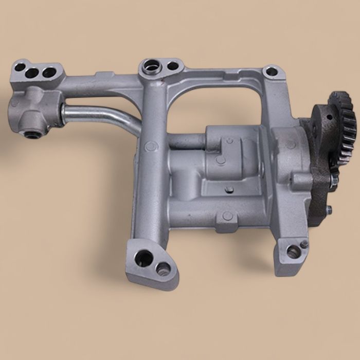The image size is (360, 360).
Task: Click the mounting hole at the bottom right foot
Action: (x=293, y=251)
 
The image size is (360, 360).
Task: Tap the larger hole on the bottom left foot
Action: (x=144, y=256)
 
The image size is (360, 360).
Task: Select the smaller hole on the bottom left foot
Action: (x=163, y=266)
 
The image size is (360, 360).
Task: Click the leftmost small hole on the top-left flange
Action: (x=20, y=67)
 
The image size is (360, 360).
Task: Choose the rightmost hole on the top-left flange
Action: (x=49, y=73)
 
